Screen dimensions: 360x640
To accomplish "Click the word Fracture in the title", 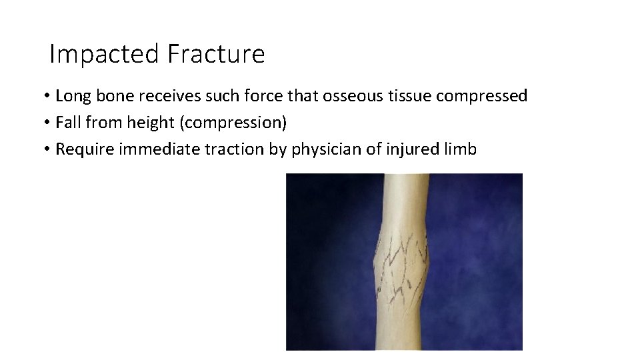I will (216, 54).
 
